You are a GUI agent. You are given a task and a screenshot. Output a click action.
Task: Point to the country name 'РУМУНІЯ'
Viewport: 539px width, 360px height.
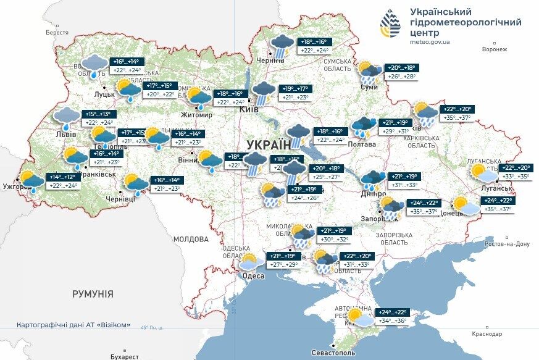pos(93,294)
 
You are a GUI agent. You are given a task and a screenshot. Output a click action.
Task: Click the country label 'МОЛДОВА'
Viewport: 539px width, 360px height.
pos(191,239)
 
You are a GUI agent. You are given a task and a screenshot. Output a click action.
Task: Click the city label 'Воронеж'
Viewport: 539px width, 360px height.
pos(495,49)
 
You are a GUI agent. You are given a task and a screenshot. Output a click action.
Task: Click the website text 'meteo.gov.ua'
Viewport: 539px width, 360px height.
pos(430,42)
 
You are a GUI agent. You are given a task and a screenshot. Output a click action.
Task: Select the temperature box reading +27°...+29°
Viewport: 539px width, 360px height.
pos(284,265)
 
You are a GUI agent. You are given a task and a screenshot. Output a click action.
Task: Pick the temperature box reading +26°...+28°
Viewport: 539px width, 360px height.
pos(401,77)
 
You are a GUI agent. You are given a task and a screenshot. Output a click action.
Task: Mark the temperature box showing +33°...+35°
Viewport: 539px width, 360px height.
pos(516,176)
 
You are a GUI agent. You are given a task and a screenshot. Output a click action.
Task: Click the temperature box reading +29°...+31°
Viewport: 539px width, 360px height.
pos(396,132)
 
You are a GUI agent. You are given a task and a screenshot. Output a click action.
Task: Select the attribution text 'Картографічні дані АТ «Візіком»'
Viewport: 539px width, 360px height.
pos(73,325)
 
